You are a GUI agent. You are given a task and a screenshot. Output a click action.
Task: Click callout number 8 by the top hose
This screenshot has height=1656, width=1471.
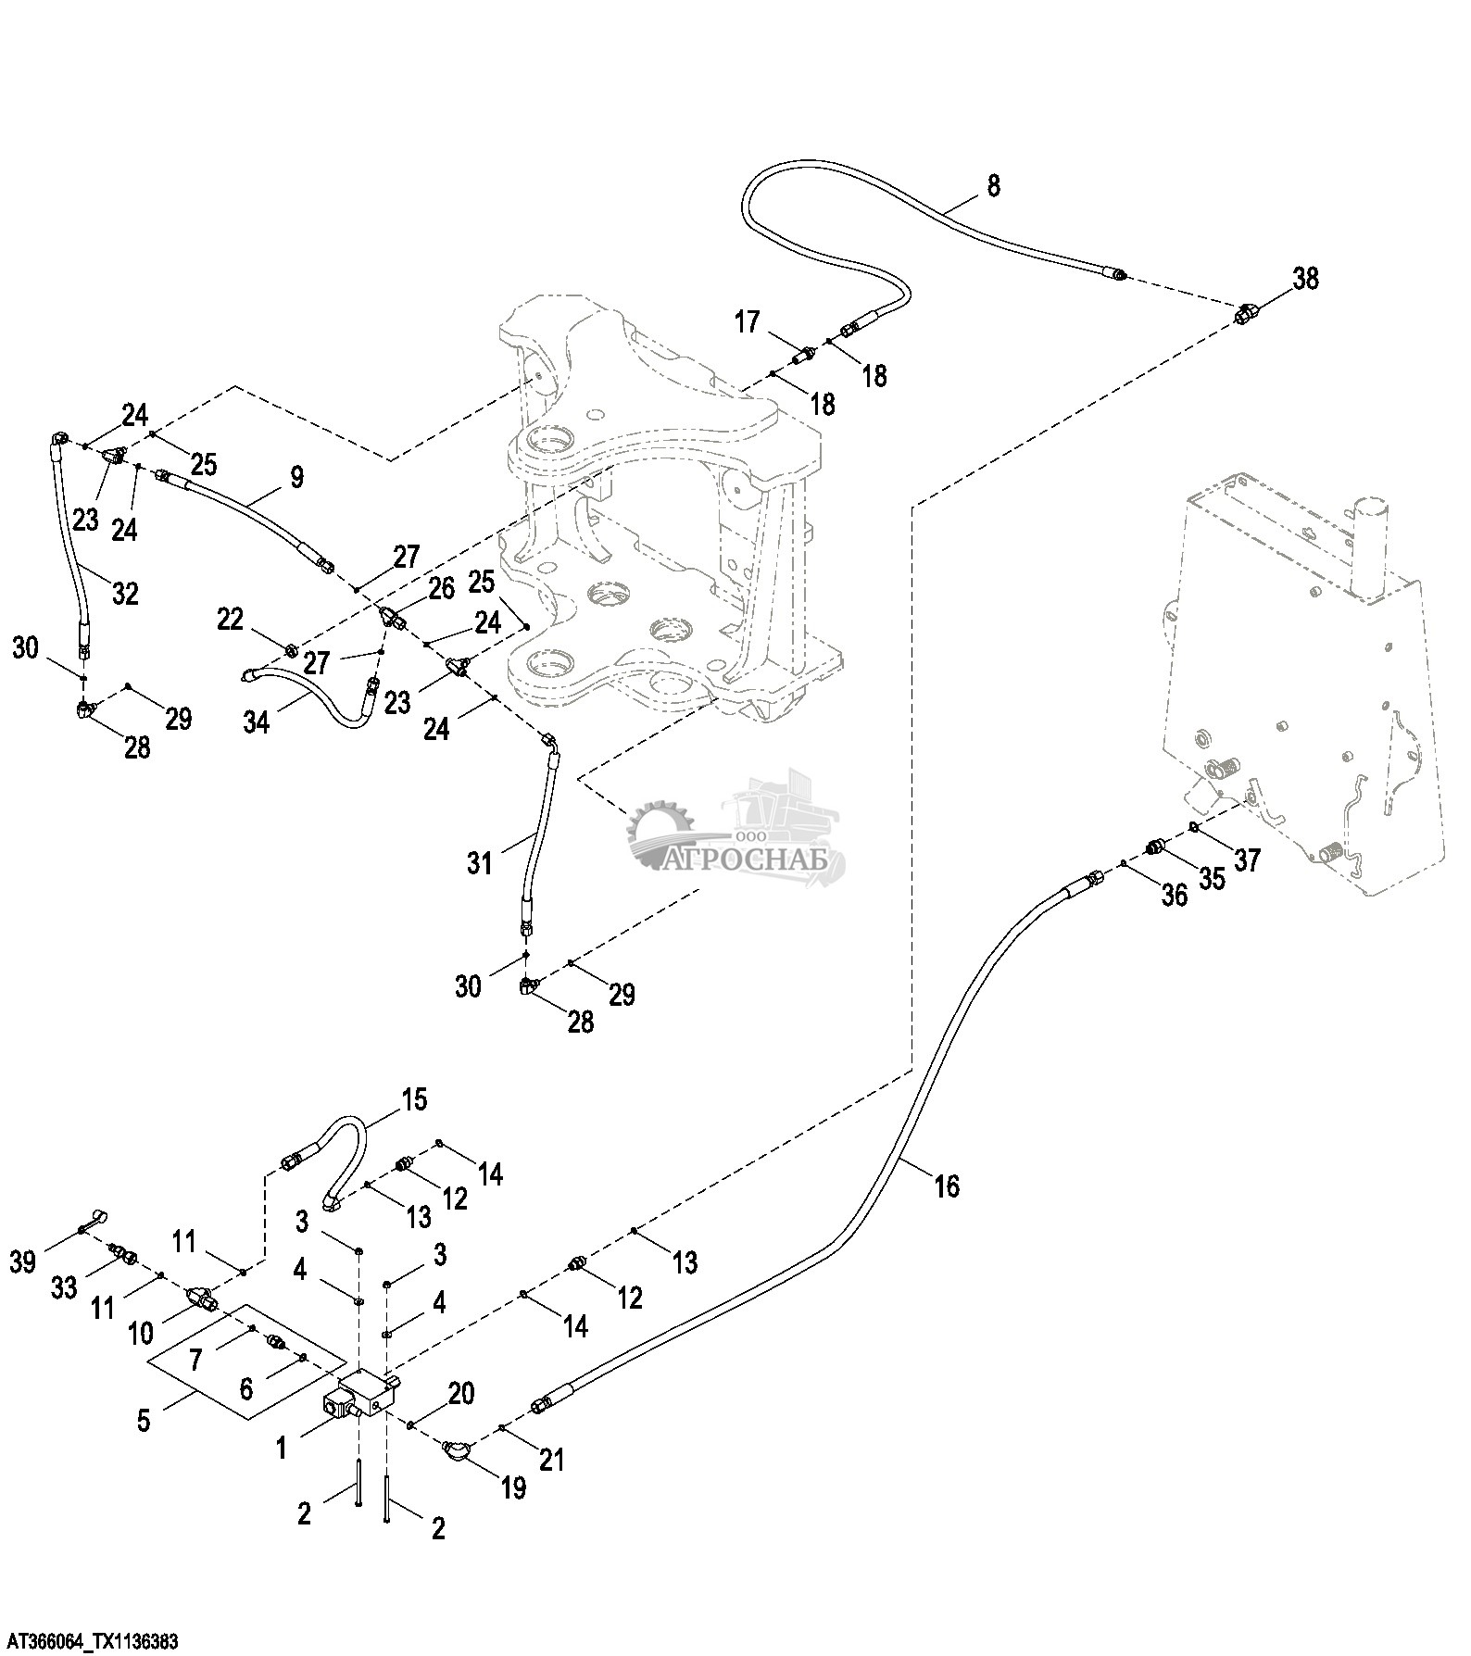993,185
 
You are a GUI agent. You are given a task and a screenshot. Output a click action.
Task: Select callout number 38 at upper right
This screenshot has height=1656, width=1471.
1306,278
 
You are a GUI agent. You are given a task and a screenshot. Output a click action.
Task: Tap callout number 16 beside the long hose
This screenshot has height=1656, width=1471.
947,1186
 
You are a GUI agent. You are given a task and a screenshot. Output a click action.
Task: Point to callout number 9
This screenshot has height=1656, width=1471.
296,478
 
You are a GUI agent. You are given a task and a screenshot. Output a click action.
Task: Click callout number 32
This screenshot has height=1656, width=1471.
125,592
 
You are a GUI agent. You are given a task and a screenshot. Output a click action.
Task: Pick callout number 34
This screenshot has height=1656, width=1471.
257,721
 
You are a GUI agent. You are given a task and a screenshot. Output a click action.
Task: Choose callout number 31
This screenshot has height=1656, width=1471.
479,863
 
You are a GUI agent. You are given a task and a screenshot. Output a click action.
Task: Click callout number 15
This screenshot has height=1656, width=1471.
414,1099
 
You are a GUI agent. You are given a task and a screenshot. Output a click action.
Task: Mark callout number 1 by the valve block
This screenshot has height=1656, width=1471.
282,1447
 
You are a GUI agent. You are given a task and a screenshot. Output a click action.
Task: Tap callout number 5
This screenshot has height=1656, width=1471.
144,1421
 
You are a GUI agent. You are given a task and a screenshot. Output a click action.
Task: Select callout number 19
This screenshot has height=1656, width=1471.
512,1487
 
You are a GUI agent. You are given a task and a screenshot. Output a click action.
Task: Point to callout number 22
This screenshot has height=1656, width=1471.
231,619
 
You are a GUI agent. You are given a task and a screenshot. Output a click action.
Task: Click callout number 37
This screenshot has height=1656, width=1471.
1247,859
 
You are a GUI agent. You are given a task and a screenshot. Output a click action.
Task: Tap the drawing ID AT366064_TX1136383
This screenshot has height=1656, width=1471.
89,1642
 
